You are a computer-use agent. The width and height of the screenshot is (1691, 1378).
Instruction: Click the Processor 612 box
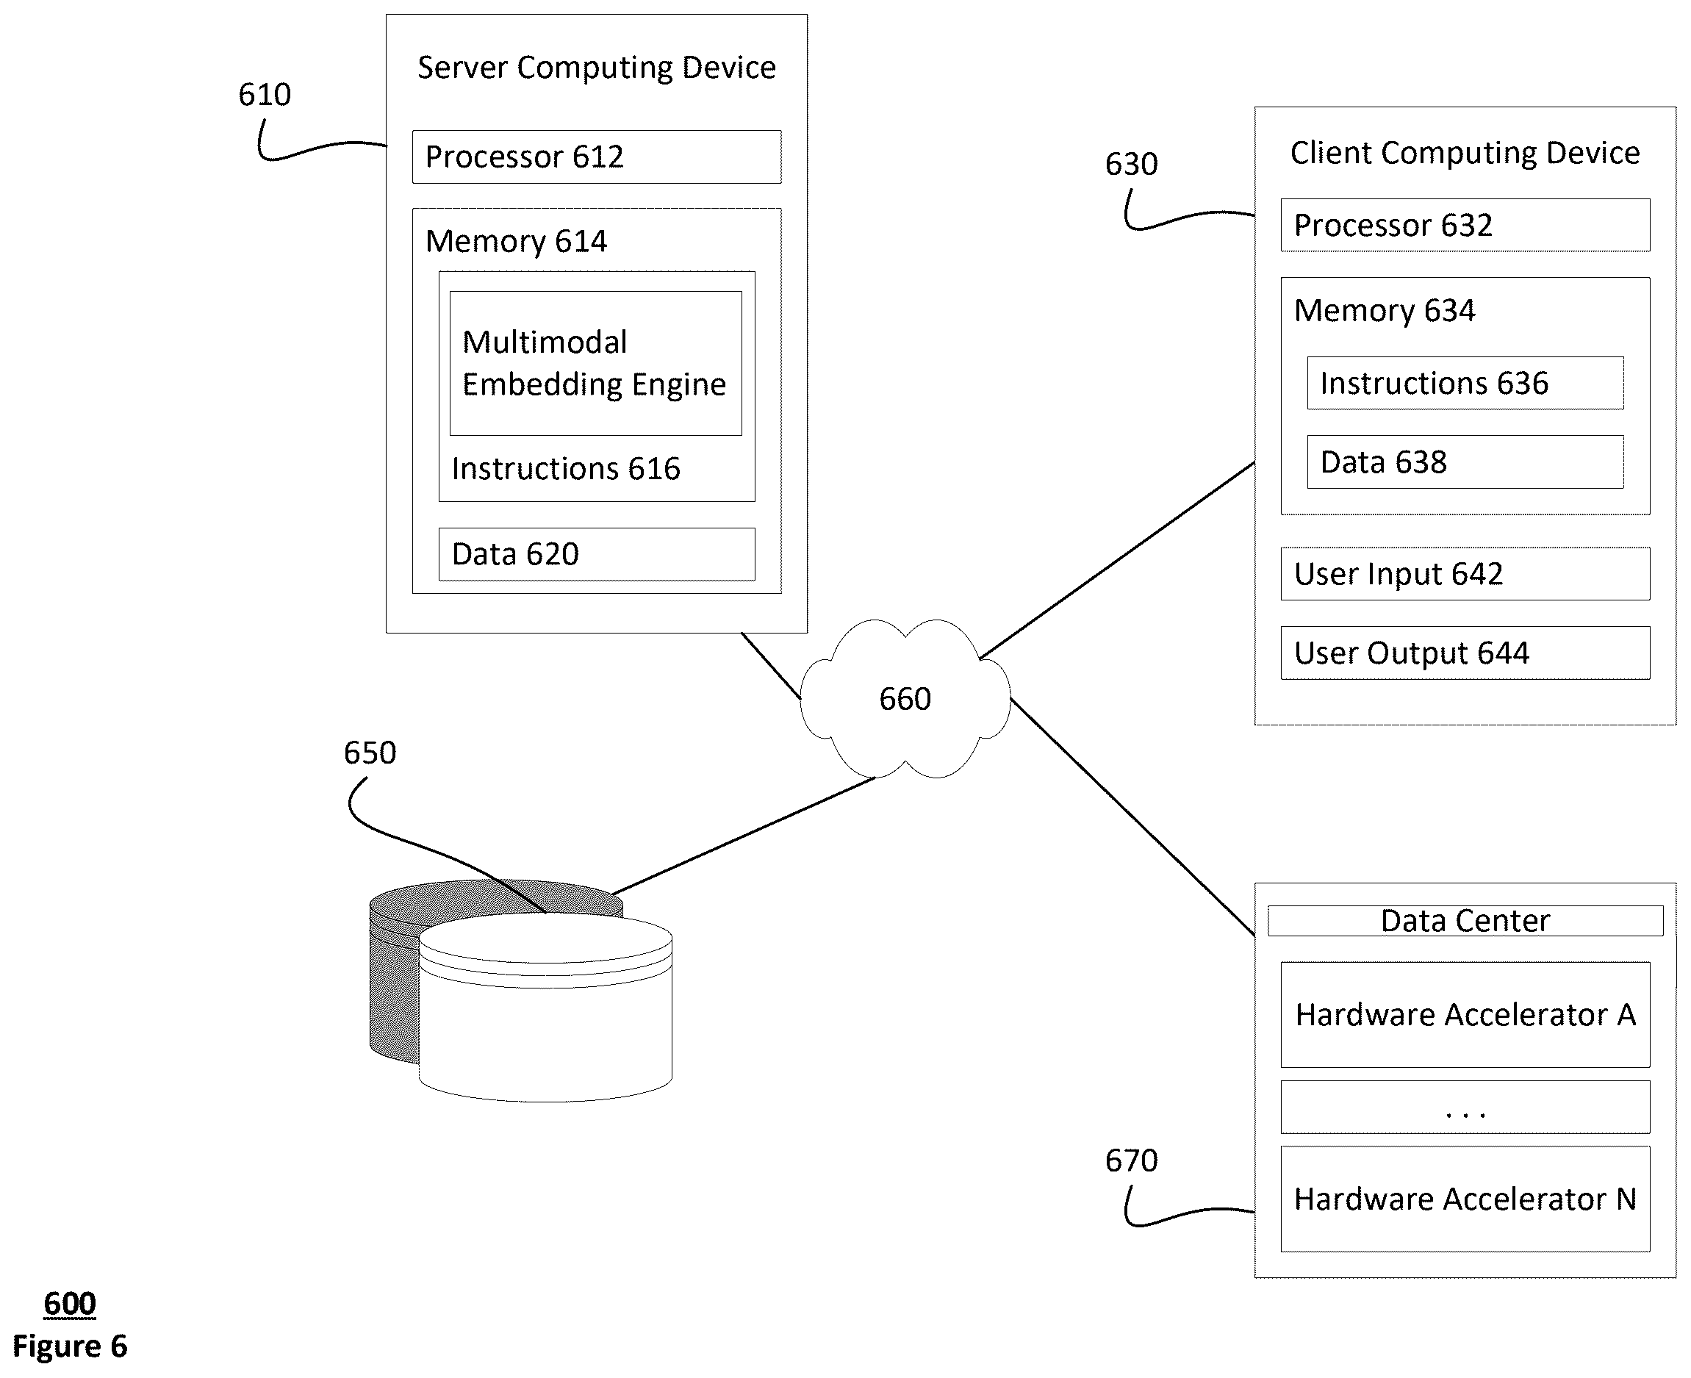tap(596, 157)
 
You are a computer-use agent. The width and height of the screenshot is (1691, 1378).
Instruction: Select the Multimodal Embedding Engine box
tap(596, 363)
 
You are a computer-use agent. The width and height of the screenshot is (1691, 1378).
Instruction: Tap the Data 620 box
tap(597, 554)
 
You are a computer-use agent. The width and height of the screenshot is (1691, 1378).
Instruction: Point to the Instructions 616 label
tap(566, 469)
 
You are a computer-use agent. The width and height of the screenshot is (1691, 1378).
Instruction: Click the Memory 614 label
tap(516, 241)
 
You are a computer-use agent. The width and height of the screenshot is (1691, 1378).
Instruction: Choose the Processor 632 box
tap(1465, 226)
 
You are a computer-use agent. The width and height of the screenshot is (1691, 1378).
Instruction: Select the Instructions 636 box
tap(1465, 383)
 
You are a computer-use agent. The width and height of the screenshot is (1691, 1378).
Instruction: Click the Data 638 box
tap(1465, 462)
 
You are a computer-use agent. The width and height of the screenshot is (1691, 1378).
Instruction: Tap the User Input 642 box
tap(1465, 574)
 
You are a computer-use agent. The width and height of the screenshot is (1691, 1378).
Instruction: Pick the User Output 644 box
tap(1465, 653)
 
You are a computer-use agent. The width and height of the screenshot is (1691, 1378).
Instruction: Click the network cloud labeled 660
tap(905, 698)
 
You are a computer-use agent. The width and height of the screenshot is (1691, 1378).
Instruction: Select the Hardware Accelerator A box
tap(1465, 1014)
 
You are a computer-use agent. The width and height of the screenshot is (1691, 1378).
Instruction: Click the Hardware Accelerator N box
tap(1465, 1199)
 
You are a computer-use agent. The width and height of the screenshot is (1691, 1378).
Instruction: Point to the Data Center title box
tap(1465, 921)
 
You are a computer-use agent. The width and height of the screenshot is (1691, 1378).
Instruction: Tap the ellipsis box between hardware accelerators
tap(1465, 1107)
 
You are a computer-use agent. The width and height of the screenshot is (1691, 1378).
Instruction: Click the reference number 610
tap(265, 96)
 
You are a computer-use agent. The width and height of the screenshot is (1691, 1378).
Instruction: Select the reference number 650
tap(370, 753)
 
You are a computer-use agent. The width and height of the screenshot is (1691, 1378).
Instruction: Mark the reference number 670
tap(1132, 1161)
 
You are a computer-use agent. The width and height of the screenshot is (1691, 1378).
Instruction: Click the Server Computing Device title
tap(597, 68)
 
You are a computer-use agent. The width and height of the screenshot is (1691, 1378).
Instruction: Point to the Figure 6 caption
tap(70, 1346)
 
